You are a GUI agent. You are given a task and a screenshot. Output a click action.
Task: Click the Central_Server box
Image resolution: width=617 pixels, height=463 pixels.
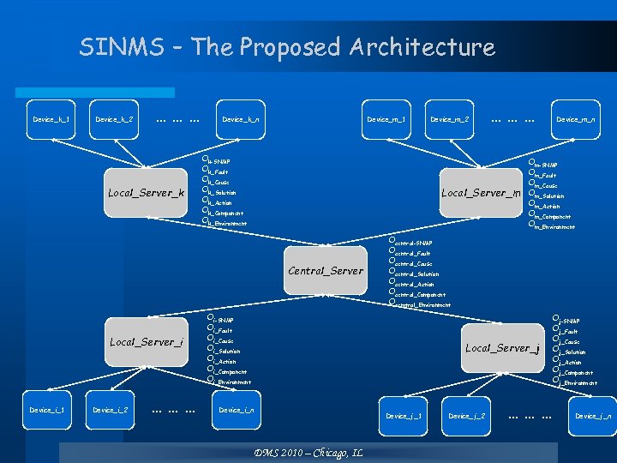326,271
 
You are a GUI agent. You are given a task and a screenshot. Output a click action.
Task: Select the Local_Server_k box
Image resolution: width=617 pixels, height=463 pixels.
146,193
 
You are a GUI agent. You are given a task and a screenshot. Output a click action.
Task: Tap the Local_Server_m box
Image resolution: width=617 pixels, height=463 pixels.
482,193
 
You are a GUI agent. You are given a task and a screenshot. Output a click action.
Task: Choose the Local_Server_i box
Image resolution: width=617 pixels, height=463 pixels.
146,342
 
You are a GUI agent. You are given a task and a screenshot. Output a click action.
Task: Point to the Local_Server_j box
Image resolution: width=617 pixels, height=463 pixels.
502,347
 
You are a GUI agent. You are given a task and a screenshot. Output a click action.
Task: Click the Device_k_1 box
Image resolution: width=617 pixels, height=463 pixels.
51,119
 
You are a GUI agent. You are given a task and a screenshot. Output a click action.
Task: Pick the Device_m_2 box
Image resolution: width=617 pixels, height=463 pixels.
449,119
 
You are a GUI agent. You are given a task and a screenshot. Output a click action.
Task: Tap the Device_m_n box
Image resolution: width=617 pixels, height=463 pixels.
576,119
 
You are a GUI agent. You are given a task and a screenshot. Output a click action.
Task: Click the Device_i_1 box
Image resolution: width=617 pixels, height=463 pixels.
47,410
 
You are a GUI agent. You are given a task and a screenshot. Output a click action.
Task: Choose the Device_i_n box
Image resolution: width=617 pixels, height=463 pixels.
236,410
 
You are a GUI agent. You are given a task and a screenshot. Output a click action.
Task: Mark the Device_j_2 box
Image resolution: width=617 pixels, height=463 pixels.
467,416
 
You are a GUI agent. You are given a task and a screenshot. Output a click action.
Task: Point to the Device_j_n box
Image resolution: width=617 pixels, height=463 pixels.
593,416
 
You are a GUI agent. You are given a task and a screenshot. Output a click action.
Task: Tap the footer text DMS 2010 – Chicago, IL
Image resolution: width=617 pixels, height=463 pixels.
309,452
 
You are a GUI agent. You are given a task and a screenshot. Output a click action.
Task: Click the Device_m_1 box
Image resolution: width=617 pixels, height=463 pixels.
386,119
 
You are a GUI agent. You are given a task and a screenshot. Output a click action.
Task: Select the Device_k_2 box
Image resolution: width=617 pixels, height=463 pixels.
114,119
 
